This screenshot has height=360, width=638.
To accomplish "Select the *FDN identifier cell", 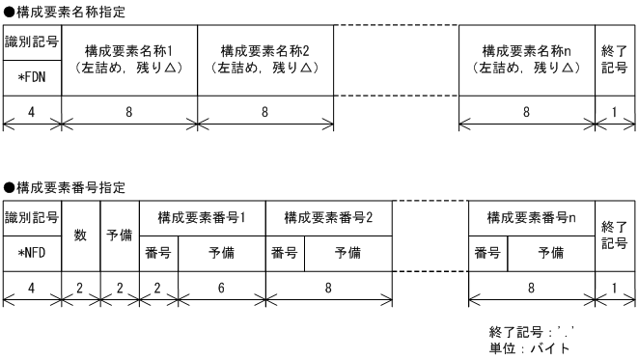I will (x=32, y=75).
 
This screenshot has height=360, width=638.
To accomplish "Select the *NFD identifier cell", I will (x=32, y=251).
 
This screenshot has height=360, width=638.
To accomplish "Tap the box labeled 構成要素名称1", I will (x=129, y=58).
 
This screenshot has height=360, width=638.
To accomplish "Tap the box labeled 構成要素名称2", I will (x=265, y=58).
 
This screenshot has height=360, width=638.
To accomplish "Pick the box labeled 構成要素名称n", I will (x=526, y=58).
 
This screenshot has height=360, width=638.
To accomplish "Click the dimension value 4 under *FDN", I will (x=32, y=111).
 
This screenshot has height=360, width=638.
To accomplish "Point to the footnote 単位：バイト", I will (x=530, y=348).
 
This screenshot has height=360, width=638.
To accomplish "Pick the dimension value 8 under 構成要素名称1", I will (x=129, y=111).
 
